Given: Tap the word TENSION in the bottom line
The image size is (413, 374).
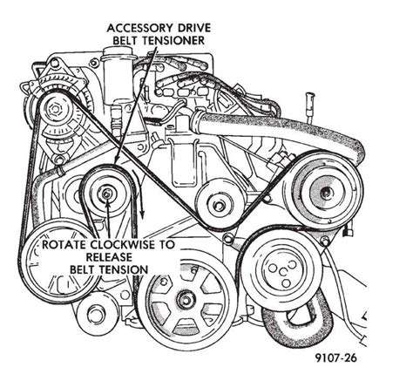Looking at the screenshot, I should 124,271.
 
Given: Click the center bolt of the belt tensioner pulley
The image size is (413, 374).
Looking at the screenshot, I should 106,194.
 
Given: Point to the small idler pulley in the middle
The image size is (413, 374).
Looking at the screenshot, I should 218,204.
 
